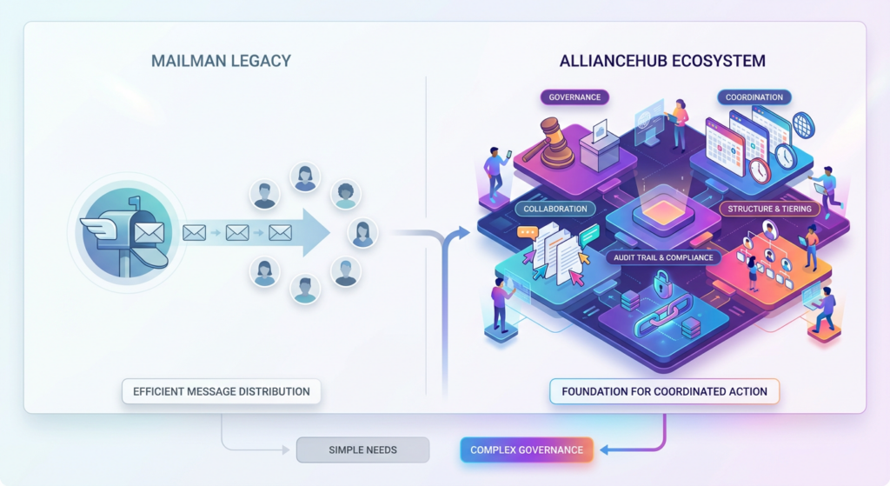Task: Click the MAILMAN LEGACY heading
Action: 221,61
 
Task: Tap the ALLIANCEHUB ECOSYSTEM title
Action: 664,61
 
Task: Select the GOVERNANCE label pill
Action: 575,97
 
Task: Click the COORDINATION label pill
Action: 754,97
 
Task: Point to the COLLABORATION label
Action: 555,209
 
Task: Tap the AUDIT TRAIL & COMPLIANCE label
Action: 663,257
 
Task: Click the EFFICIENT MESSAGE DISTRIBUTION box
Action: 221,391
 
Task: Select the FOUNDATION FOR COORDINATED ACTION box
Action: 664,391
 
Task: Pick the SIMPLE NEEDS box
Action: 362,449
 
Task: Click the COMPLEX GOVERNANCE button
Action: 527,449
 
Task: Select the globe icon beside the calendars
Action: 803,126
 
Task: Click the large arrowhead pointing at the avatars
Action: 313,232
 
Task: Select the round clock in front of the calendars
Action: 760,170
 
